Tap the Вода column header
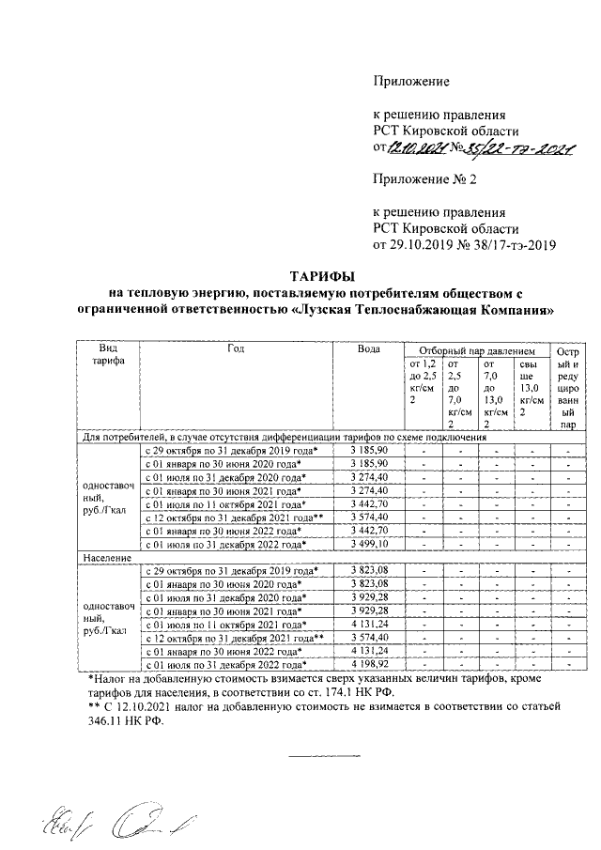pos(369,349)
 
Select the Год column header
pos(236,349)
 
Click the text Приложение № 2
pos(424,179)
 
